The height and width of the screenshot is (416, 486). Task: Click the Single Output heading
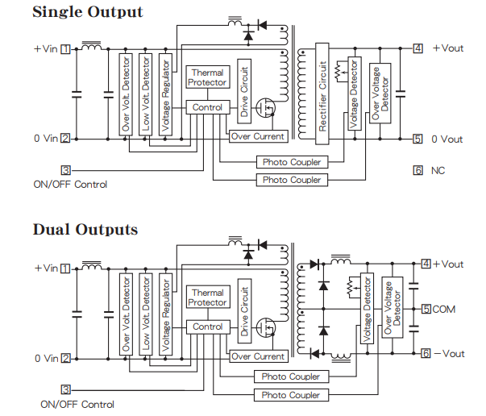coord(88,12)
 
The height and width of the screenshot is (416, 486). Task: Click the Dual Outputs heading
coord(85,230)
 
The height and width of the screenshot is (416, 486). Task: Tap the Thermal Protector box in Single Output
coord(208,77)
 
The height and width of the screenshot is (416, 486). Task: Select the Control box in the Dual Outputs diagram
coord(208,327)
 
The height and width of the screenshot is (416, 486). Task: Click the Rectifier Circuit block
coord(322,94)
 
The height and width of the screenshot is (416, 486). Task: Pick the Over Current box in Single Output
coord(259,136)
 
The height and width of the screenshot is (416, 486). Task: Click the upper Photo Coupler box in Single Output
coord(292,162)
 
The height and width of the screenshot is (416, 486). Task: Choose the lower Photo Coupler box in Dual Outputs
coord(291,395)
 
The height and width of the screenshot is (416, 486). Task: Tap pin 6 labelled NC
coord(417,170)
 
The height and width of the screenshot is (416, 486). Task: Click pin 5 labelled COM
coord(426,309)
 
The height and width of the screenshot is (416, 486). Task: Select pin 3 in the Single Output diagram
coord(66,170)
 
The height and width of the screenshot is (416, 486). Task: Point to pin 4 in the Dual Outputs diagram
coord(426,264)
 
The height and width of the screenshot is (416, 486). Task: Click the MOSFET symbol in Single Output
coord(266,108)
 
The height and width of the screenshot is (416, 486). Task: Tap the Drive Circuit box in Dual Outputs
coord(244,311)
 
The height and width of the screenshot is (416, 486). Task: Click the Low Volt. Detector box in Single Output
coord(145,94)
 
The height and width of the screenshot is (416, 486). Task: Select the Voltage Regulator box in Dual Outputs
coord(165,314)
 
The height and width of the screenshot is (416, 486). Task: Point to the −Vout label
coord(450,354)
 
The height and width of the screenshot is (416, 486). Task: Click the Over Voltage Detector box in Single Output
coord(380,94)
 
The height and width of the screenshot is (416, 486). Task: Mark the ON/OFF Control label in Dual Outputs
coord(77,405)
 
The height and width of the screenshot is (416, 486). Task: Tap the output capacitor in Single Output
coord(401,94)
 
